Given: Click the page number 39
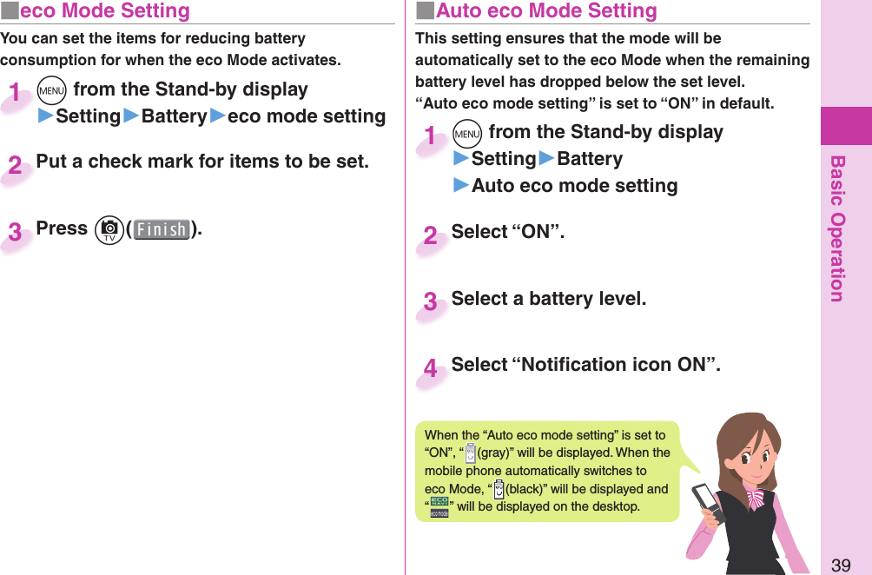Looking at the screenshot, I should (840, 565).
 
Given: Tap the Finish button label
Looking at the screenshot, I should (162, 230).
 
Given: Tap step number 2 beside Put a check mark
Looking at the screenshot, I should (16, 166).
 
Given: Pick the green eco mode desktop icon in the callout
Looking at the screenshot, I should (439, 507).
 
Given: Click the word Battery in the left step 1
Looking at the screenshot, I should (174, 116).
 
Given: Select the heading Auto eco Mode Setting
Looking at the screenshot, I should (546, 11).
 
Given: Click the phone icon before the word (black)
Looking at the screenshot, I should (499, 489).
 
